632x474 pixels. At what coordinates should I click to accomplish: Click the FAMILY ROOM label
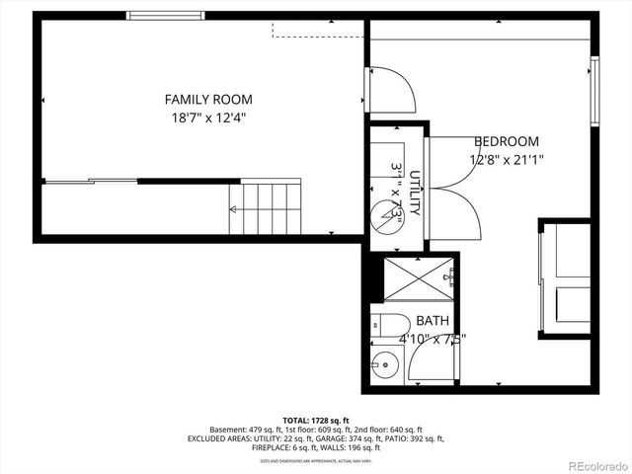[x=208, y=99]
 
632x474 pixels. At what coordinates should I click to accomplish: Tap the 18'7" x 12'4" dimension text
[x=208, y=118]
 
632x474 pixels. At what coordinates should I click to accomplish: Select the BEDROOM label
[x=507, y=141]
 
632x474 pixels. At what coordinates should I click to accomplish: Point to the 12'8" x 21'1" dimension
[x=507, y=158]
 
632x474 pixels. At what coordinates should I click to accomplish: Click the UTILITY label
[x=416, y=194]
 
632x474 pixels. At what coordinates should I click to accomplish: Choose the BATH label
[x=432, y=321]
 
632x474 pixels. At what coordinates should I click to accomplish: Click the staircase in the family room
[x=265, y=207]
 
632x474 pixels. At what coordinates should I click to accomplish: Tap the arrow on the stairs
[x=234, y=209]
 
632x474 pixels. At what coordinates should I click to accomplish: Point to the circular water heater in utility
[x=385, y=213]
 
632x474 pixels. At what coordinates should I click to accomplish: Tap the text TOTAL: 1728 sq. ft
[x=316, y=420]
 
